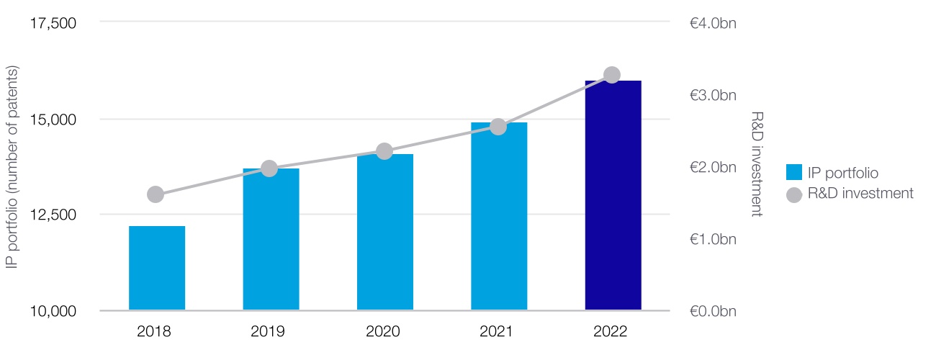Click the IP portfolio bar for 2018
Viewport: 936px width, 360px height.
point(157,268)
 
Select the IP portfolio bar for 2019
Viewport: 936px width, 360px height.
point(271,239)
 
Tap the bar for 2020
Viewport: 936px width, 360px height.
point(385,232)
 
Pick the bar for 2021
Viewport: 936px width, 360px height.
point(499,216)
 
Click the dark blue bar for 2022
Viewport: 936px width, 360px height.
point(613,195)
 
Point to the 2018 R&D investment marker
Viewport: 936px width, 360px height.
point(156,194)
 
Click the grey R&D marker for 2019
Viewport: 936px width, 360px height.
point(269,168)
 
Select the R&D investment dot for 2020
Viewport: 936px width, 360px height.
point(384,151)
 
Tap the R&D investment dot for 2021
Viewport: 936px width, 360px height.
point(498,127)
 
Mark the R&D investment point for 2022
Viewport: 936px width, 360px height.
point(612,75)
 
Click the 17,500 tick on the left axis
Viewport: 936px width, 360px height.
point(53,24)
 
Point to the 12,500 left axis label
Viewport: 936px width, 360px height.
point(53,215)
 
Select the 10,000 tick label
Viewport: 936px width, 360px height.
point(53,312)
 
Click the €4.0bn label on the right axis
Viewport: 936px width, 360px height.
point(713,24)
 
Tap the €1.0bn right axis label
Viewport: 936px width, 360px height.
point(713,239)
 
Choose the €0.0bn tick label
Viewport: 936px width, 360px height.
point(713,312)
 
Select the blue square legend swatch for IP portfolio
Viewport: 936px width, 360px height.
point(794,172)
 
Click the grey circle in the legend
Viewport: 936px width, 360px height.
point(794,194)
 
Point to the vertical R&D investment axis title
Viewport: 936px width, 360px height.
point(756,164)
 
